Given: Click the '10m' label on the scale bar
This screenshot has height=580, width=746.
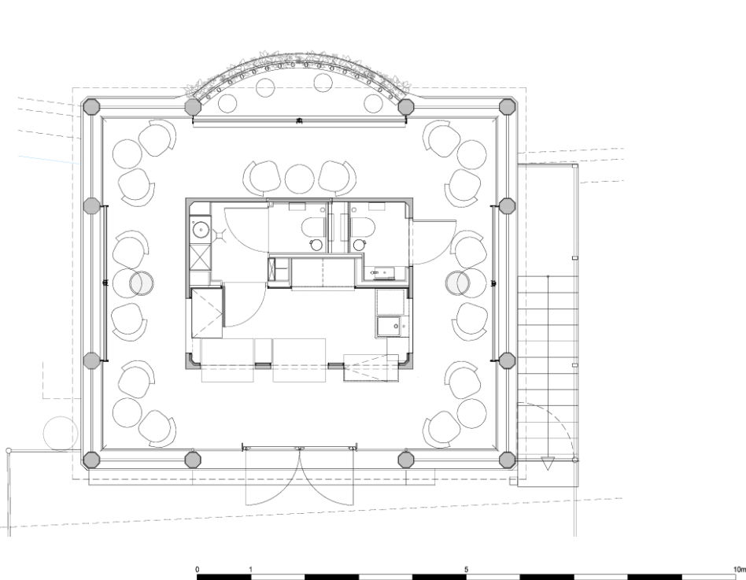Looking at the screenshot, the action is pos(740,569).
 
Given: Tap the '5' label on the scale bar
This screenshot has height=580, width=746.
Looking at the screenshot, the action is pos(466,569).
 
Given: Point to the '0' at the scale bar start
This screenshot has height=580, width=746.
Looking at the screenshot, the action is pos(198,569).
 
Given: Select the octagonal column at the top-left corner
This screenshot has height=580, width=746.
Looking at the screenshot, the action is pos(91,106).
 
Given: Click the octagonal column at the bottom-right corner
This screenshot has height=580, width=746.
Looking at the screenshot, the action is pos(507,460).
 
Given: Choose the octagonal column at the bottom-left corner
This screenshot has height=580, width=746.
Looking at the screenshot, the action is pos(91,460).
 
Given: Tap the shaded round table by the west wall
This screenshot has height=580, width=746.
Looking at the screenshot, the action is pos(142,283).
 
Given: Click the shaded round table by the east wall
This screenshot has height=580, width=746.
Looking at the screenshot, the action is pos(457,283).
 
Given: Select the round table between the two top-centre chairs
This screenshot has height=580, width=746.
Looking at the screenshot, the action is pos(299,179).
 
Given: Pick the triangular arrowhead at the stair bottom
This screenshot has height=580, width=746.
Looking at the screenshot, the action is pos(548,463).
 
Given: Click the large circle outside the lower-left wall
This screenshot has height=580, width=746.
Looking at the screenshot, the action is pos(61,434).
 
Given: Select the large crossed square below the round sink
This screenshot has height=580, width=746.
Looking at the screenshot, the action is pos(200,258).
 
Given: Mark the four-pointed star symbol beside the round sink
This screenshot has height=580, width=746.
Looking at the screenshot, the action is pos(220,236).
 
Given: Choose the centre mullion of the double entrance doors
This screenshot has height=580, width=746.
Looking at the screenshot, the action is pos(299,449).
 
